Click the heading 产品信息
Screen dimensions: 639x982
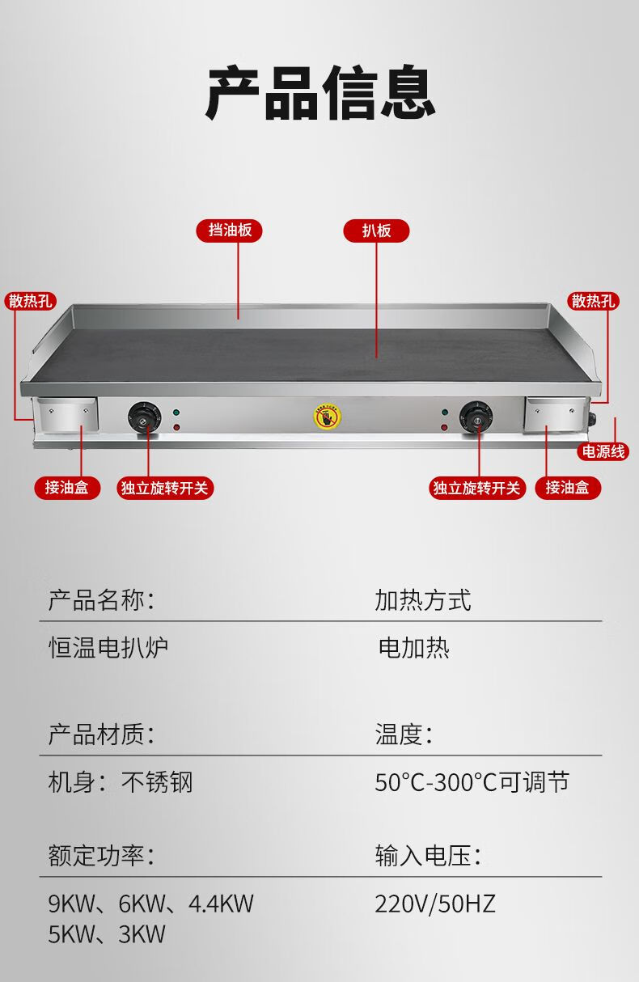click(x=319, y=95)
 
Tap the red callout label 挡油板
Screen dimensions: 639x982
click(x=230, y=231)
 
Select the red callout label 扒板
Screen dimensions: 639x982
click(x=376, y=231)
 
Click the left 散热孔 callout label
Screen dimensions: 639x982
click(x=30, y=302)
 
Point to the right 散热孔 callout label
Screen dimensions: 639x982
click(x=594, y=302)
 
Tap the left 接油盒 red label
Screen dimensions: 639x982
click(x=66, y=488)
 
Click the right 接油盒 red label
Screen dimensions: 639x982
click(x=567, y=488)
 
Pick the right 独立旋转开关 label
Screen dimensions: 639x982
click(x=477, y=488)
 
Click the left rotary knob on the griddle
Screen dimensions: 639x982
click(x=144, y=417)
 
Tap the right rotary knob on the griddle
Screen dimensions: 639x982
click(x=476, y=417)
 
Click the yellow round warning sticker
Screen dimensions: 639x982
click(x=327, y=417)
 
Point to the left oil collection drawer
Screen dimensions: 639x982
click(x=67, y=415)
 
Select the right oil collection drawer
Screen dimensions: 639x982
click(x=555, y=415)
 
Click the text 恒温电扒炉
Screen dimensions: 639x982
click(x=108, y=648)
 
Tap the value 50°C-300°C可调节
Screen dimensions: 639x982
click(x=472, y=782)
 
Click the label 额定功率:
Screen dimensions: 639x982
click(x=101, y=856)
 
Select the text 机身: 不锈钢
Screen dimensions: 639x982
click(x=121, y=782)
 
